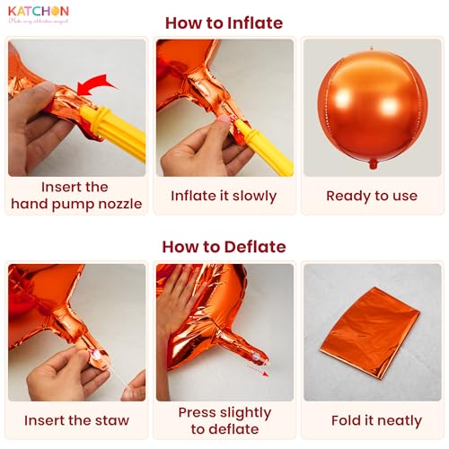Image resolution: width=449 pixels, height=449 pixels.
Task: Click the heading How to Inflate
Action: click(224, 23)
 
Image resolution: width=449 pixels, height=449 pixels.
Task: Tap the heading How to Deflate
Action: click(224, 246)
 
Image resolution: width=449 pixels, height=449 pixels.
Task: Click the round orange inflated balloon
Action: click(372, 106)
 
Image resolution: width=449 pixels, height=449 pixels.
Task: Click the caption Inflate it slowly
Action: click(224, 196)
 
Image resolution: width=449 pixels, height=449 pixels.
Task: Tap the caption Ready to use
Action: click(372, 196)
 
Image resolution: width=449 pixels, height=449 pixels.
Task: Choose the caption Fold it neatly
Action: click(372, 420)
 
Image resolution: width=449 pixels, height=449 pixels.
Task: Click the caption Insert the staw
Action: click(76, 420)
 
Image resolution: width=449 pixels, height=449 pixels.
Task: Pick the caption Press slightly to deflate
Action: click(224, 420)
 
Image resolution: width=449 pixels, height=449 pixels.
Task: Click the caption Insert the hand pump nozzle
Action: click(76, 196)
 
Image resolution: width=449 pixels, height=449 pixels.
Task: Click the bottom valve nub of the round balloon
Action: click(373, 163)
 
